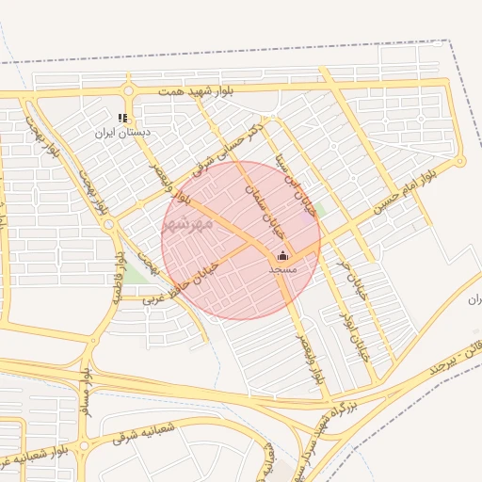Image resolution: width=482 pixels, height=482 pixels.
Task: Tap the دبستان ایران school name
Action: pos(121,133)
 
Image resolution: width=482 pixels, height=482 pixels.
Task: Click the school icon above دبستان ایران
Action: pos(121,119)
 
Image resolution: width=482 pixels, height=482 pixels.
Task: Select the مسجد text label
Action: pos(282,269)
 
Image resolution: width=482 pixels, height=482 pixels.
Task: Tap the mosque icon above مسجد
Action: pos(282,255)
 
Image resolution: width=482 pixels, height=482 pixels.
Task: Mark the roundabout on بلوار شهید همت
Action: pos(128,91)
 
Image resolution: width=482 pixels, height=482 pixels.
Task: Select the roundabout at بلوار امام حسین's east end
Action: pos(459,162)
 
